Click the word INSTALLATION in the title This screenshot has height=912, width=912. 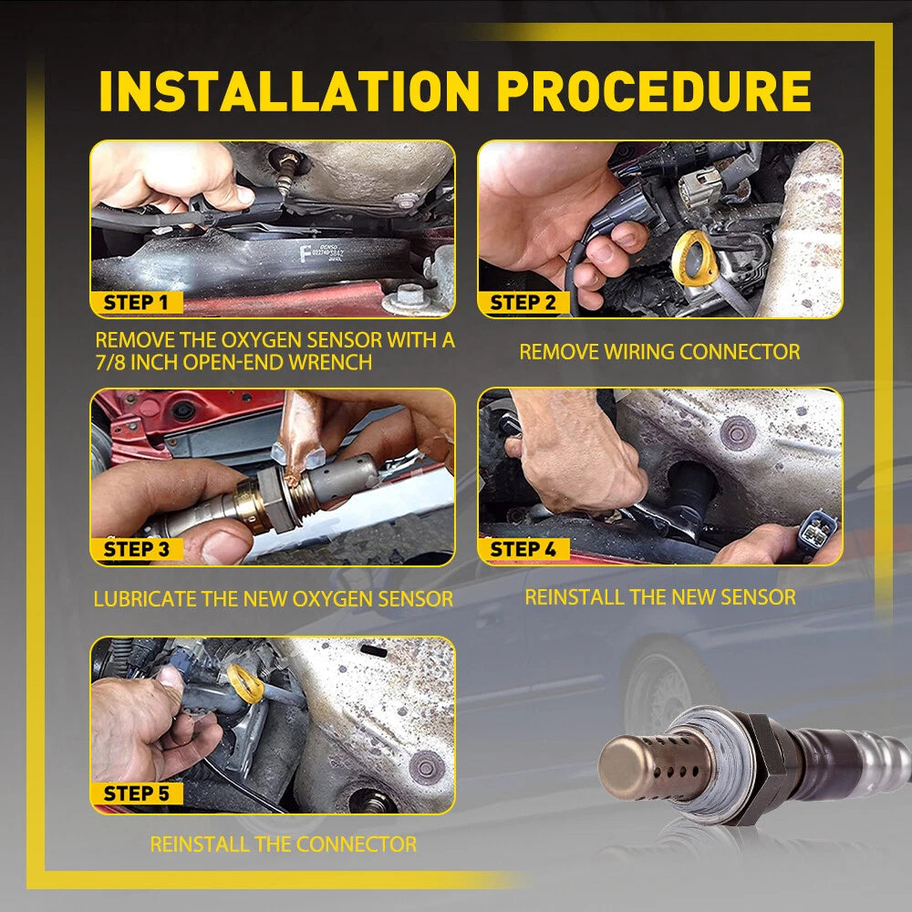pos(289,90)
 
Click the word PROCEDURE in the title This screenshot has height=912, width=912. pos(654,90)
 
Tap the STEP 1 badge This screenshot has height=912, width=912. pos(137,303)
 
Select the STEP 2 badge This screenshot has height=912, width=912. pos(523,303)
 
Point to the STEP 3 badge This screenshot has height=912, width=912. pos(137,549)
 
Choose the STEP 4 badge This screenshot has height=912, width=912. pos(523,548)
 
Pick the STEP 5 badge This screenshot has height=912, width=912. pos(137,793)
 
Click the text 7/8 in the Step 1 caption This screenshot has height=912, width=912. pos(110,362)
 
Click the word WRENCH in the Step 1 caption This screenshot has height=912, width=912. pos(330,362)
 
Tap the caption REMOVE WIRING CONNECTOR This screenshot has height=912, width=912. pos(659,352)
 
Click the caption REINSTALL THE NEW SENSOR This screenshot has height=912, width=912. pos(660,597)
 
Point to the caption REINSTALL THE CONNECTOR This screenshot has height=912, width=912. pos(284,844)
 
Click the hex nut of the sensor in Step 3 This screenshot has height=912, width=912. pos(274,498)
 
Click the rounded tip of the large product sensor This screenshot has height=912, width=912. pos(619,767)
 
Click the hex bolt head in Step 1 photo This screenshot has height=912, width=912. pos(410,294)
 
